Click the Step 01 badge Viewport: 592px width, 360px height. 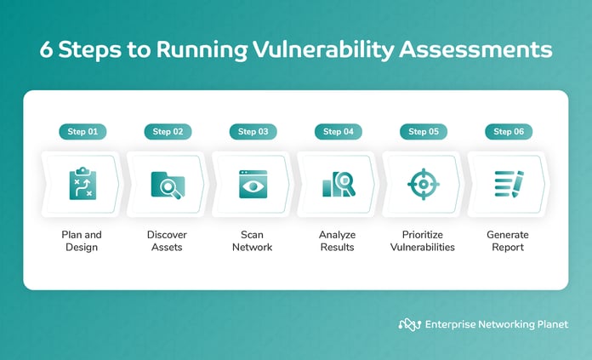click(x=83, y=132)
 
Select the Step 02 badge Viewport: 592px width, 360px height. click(x=168, y=132)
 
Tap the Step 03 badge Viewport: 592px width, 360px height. click(x=253, y=132)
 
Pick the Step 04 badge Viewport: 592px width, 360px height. click(x=338, y=132)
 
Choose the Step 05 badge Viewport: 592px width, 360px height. click(x=424, y=132)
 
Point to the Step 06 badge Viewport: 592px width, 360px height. click(x=509, y=132)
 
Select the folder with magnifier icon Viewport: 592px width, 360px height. click(x=168, y=185)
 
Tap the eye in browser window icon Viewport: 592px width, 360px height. click(x=253, y=185)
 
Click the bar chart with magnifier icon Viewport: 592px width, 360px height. click(x=338, y=185)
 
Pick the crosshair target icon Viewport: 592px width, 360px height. click(x=424, y=185)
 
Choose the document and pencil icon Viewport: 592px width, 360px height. click(x=509, y=185)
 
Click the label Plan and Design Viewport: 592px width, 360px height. click(x=83, y=241)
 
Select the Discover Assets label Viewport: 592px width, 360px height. click(x=168, y=241)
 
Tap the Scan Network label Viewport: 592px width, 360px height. click(x=253, y=241)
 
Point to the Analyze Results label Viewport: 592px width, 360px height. click(x=338, y=241)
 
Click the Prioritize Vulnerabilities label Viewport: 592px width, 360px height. click(x=424, y=241)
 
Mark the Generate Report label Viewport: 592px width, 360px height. click(x=509, y=241)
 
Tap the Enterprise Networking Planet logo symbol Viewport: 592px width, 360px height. click(x=410, y=324)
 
